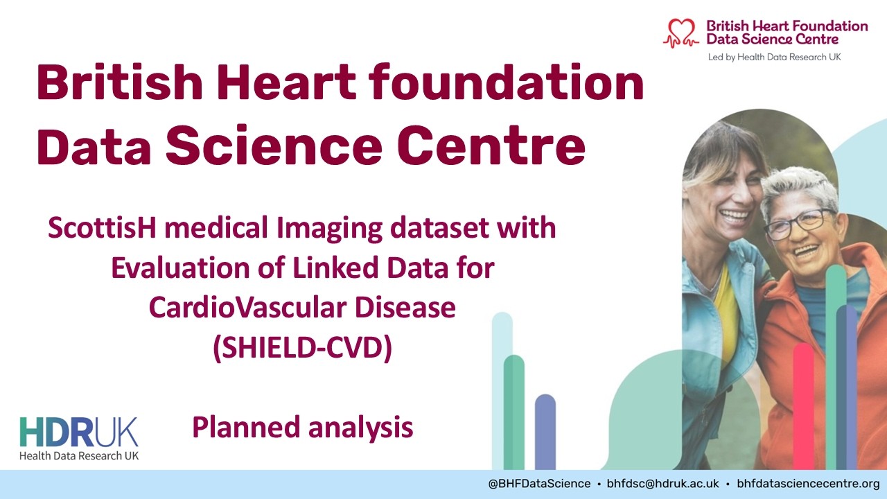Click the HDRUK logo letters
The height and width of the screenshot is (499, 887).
pyautogui.click(x=79, y=432)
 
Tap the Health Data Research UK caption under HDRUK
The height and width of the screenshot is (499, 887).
pyautogui.click(x=79, y=455)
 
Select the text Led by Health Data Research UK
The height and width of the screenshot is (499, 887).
pyautogui.click(x=773, y=57)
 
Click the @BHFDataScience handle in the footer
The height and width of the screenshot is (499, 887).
pyautogui.click(x=540, y=484)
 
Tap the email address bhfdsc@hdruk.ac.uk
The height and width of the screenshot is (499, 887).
pyautogui.click(x=663, y=484)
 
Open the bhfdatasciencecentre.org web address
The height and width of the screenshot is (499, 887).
pyautogui.click(x=808, y=484)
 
